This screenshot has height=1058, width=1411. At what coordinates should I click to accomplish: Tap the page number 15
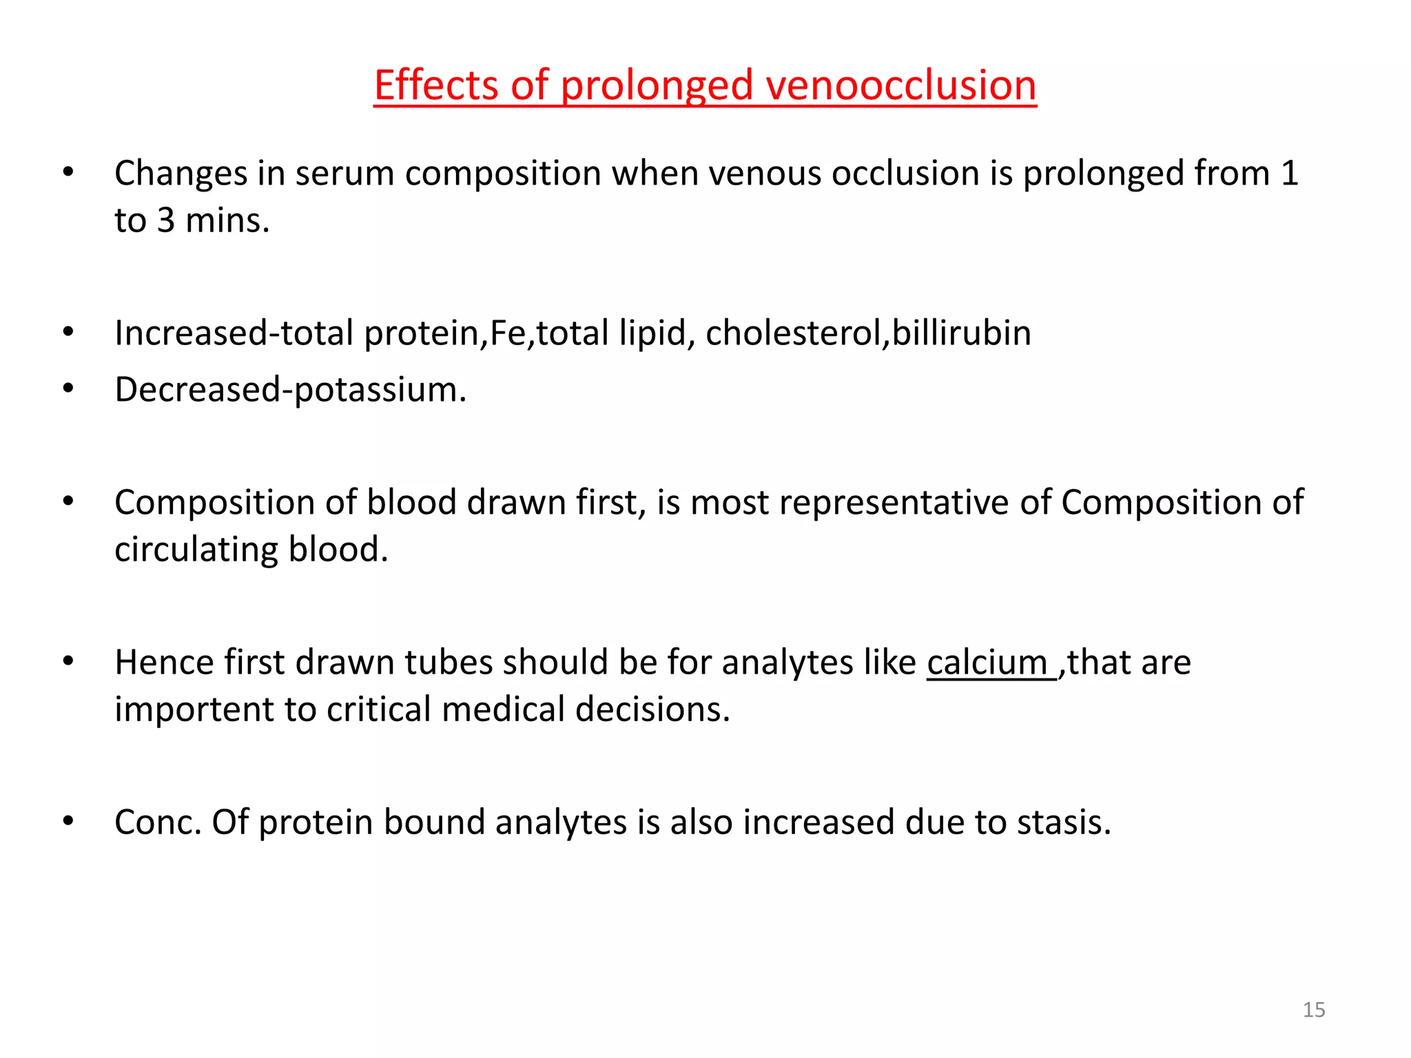click(x=1314, y=1010)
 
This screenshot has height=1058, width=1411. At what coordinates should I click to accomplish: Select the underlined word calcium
click(x=987, y=663)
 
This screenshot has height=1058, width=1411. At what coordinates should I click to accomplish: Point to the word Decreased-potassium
click(x=290, y=390)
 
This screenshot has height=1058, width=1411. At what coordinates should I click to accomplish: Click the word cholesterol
click(x=793, y=333)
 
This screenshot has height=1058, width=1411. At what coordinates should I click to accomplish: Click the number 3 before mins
click(x=166, y=221)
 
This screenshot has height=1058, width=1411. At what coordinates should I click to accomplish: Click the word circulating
click(x=196, y=550)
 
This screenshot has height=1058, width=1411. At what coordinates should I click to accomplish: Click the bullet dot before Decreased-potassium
click(x=68, y=389)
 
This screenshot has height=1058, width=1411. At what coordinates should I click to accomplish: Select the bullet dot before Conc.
click(x=68, y=821)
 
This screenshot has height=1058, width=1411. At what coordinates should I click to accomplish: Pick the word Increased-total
click(x=234, y=333)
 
